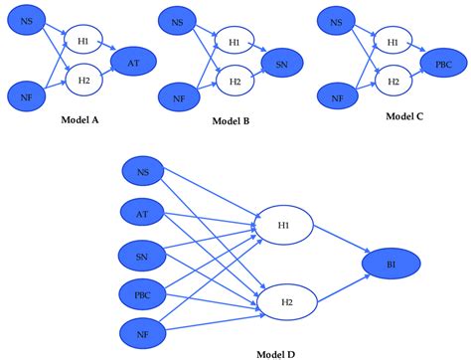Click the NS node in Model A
pos(27,20)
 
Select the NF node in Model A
pos(27,96)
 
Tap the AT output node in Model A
pos(131,62)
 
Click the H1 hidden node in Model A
pos(84,41)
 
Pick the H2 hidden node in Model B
pos(234,77)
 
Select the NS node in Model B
pos(178,21)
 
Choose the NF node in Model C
pos(337,97)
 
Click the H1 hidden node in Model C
pos(392,42)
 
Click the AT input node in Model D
pos(143,211)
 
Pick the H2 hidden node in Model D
pos(285,300)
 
